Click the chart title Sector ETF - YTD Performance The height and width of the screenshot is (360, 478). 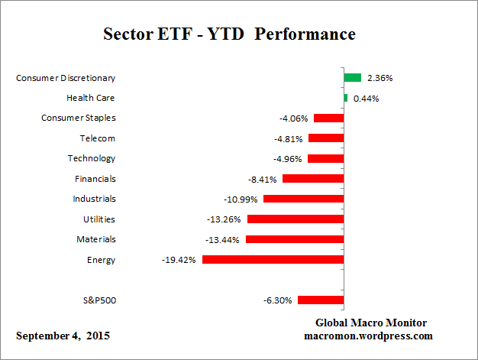click(229, 34)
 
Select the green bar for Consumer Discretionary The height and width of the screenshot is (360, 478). click(352, 77)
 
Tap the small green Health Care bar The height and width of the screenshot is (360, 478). click(346, 98)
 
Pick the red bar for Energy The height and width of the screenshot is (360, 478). click(273, 260)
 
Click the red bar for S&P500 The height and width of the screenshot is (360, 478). click(321, 300)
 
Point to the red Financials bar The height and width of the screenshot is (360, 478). click(313, 178)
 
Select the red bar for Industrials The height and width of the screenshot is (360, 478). click(303, 199)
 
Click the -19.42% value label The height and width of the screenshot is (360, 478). click(179, 260)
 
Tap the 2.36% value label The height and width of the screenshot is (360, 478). click(380, 78)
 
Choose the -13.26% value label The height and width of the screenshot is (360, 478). click(225, 219)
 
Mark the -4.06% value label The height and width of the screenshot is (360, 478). click(294, 118)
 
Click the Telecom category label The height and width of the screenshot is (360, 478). click(97, 138)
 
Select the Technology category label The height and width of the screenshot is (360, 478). click(92, 158)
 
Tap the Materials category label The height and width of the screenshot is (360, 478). click(95, 239)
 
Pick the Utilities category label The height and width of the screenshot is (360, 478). click(99, 219)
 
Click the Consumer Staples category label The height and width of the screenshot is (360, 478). click(78, 118)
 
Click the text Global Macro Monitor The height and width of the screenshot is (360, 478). click(370, 323)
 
